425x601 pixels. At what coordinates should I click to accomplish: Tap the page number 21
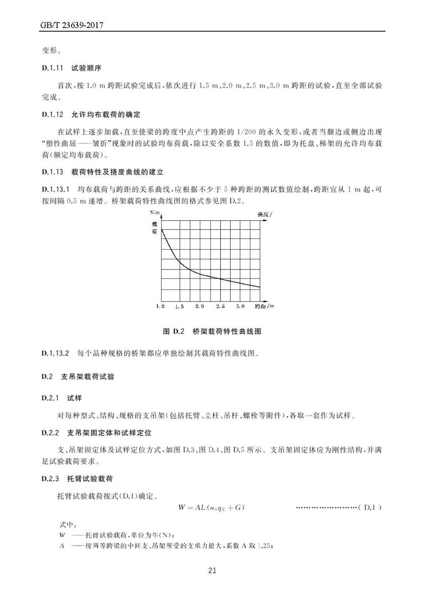(x=212, y=570)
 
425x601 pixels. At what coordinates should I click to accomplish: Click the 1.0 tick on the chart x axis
(x=160, y=306)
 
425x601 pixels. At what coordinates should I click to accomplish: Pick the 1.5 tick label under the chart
(x=179, y=306)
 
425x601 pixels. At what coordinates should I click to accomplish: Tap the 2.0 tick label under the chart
(x=200, y=306)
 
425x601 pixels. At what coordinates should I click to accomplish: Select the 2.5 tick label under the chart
(x=220, y=306)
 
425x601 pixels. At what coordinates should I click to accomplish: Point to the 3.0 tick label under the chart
(x=240, y=306)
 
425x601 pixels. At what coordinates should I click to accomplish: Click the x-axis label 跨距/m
(x=264, y=306)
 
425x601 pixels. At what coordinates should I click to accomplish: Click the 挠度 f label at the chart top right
(x=265, y=214)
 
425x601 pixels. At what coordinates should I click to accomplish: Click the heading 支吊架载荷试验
(x=88, y=377)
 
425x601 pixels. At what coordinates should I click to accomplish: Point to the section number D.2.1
(x=50, y=398)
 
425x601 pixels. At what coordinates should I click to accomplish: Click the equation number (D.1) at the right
(x=370, y=507)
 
